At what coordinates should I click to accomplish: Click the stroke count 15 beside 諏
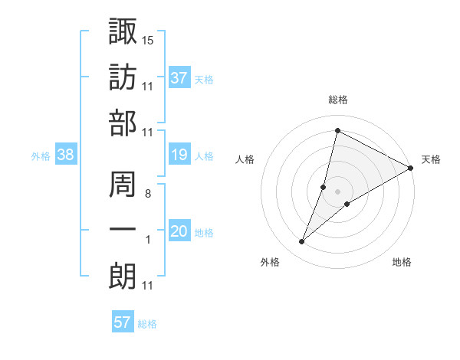pos(148,39)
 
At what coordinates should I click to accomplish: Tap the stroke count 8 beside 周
pos(147,194)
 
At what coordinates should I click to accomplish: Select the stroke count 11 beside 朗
pos(148,286)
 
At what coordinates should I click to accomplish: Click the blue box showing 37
pos(179,77)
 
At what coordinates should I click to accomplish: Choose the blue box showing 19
pos(179,155)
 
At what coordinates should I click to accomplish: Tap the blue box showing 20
pos(179,232)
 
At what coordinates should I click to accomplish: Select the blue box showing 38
pos(66,155)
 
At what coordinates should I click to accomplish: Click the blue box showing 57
pos(123,322)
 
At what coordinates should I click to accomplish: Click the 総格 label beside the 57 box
pos(148,324)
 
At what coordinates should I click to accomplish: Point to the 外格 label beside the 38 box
pos(41,156)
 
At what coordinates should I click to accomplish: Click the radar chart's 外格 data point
pos(302,242)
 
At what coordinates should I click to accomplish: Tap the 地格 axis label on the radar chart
pos(402,263)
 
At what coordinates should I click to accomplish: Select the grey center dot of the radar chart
pos(338,191)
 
